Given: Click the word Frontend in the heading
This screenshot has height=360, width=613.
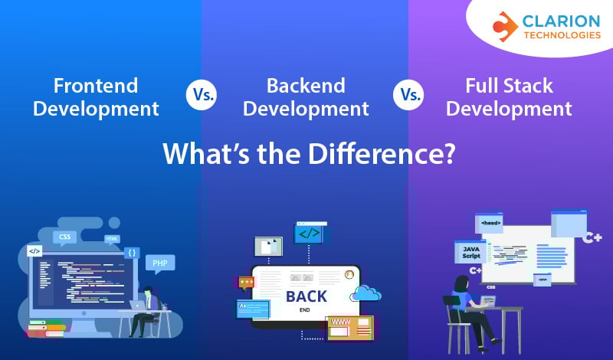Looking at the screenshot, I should [96, 84].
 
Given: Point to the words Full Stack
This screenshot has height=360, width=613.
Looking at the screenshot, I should [509, 84].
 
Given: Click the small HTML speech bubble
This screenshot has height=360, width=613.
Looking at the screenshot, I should [112, 239].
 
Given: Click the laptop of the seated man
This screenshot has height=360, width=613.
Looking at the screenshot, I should [141, 305].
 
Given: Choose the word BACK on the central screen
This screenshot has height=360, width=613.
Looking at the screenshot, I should [306, 296].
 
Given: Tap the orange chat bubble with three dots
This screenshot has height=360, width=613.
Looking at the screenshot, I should [246, 283].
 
